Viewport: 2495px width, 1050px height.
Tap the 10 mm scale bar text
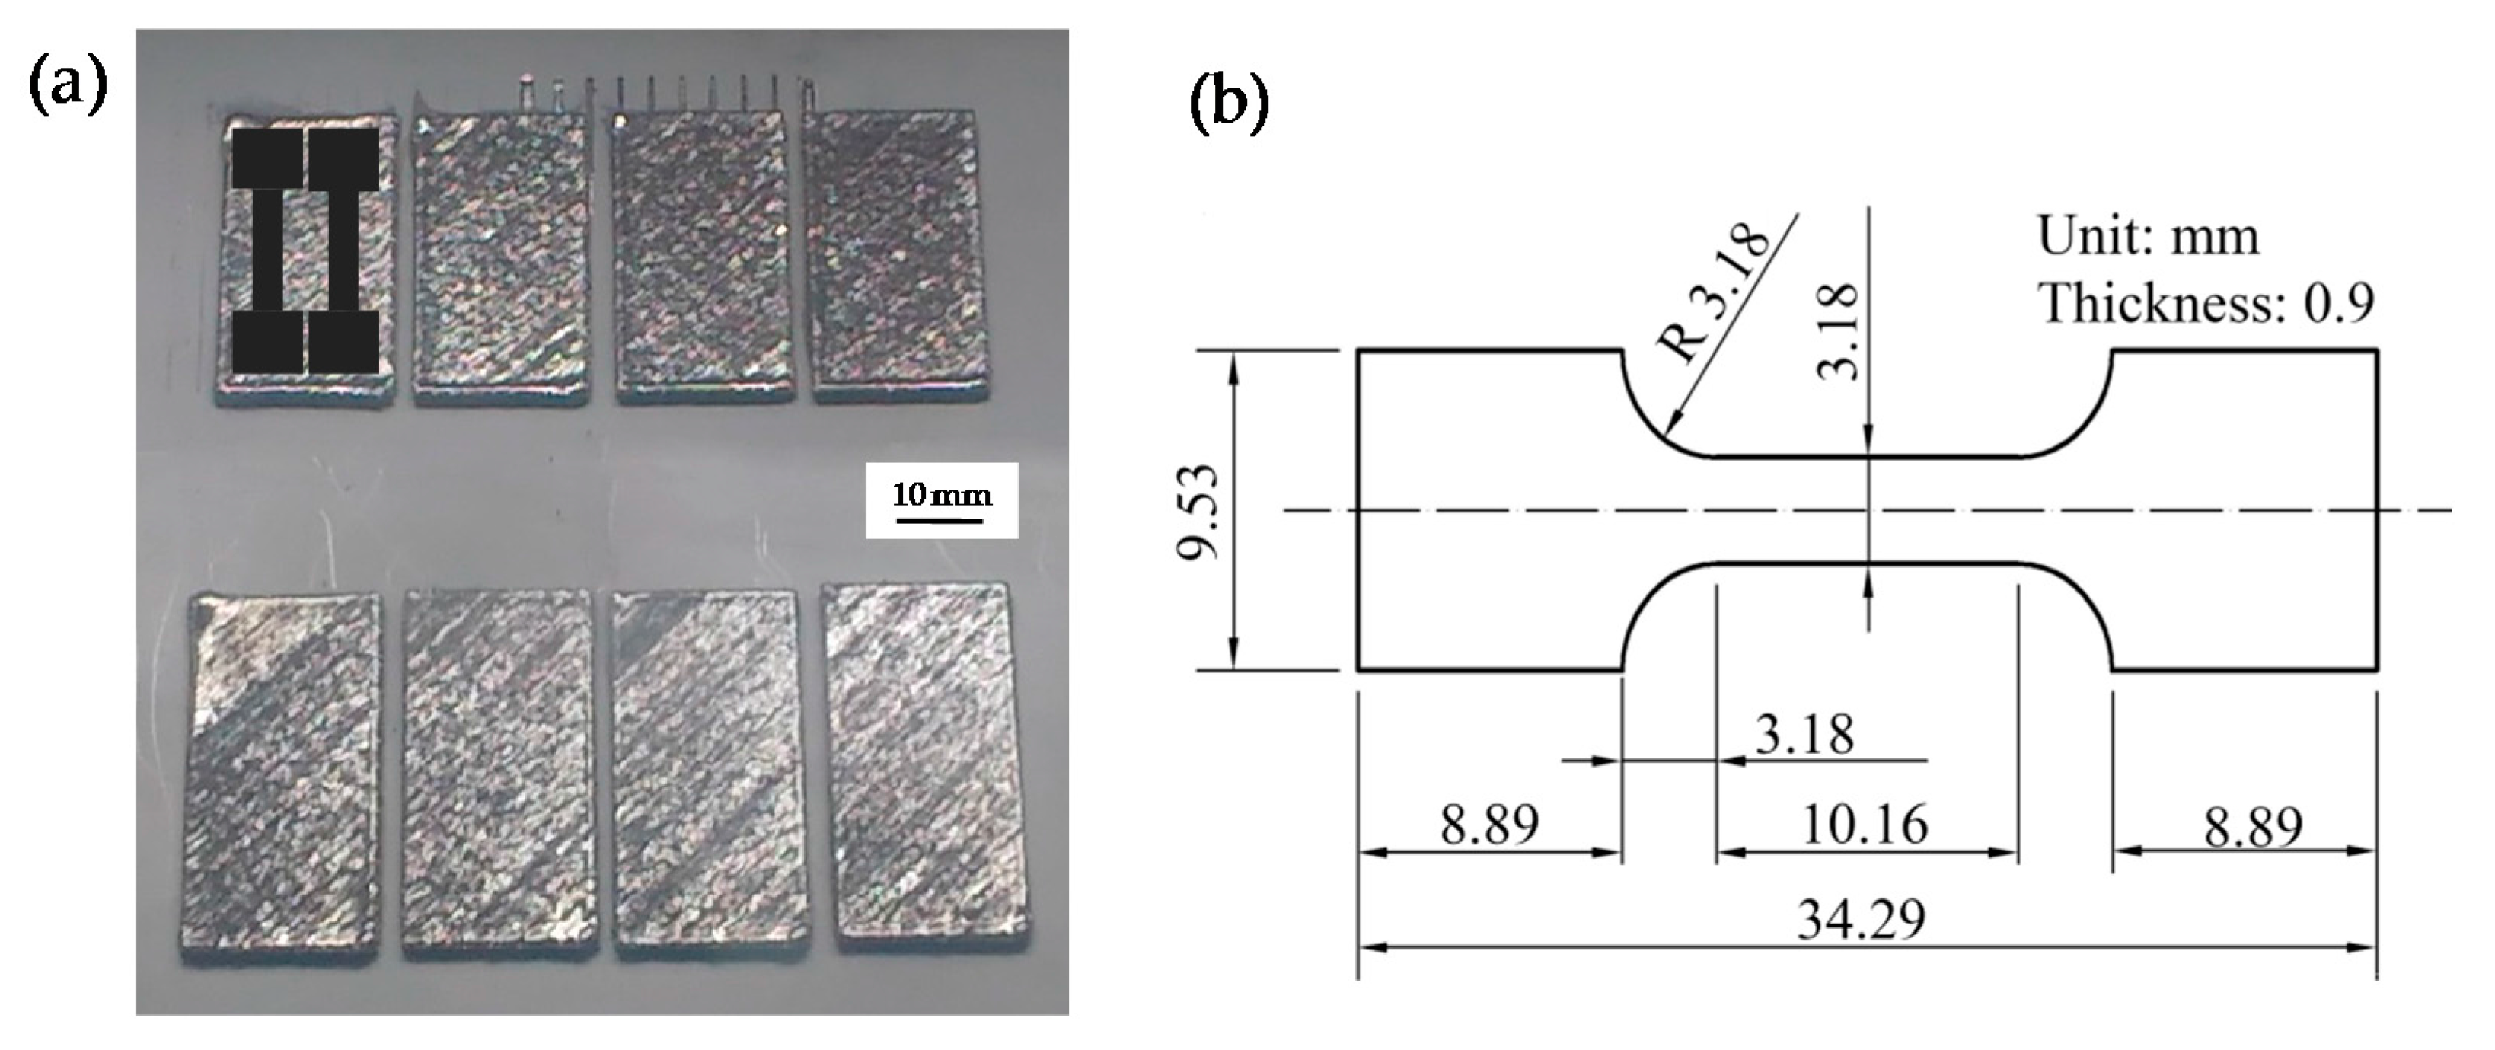(942, 495)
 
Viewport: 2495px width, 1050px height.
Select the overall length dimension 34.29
(1862, 919)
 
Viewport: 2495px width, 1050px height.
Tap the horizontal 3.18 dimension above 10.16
(1804, 733)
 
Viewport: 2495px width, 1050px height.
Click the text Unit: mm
(2149, 235)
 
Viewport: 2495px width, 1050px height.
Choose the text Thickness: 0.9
(2206, 303)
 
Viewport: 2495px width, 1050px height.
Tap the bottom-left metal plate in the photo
(281, 775)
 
